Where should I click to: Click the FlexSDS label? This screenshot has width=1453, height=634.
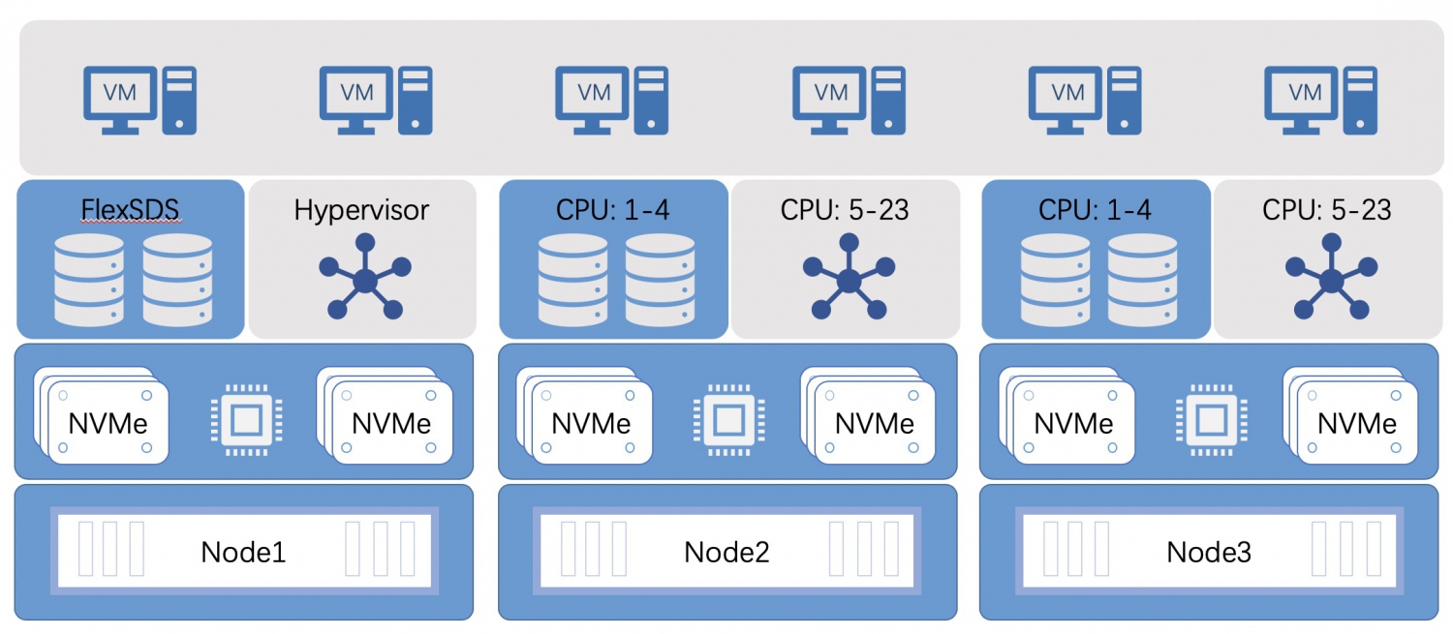click(131, 209)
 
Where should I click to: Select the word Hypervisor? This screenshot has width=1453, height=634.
click(361, 209)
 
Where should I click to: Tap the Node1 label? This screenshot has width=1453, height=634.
click(243, 552)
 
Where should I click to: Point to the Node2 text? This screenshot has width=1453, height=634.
click(726, 552)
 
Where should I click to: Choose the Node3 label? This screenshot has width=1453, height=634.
click(1209, 552)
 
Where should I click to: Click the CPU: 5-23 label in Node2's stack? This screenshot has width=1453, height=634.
click(845, 209)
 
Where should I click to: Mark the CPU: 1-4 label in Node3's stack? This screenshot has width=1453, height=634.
click(1095, 209)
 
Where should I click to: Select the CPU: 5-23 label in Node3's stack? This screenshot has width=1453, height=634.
click(1327, 209)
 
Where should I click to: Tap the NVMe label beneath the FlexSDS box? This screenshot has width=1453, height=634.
click(108, 423)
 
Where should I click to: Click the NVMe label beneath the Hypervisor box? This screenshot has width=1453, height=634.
click(390, 423)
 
